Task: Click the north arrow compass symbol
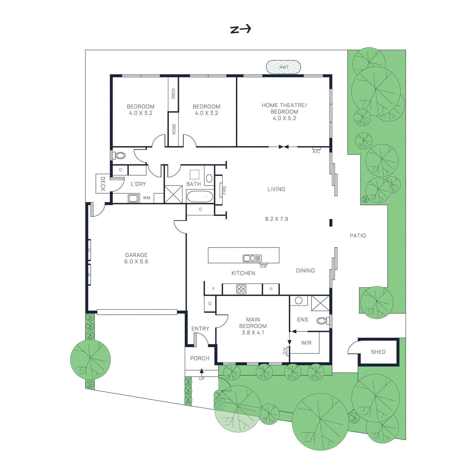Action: point(241,29)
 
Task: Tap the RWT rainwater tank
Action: point(284,67)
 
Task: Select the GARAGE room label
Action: point(136,255)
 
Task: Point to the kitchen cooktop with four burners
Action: point(241,289)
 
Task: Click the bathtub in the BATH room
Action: point(200,197)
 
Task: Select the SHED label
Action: point(378,352)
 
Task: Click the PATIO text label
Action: point(358,236)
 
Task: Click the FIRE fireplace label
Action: point(224,190)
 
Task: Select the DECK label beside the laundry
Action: point(103,184)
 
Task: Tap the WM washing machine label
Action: point(147,198)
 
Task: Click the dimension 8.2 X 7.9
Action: point(277,219)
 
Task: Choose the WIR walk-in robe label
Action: point(306,343)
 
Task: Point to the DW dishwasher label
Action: point(264,266)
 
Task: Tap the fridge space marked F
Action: point(213,289)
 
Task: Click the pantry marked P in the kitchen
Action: point(271,289)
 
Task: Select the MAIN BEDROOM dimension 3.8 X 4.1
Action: point(253,333)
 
